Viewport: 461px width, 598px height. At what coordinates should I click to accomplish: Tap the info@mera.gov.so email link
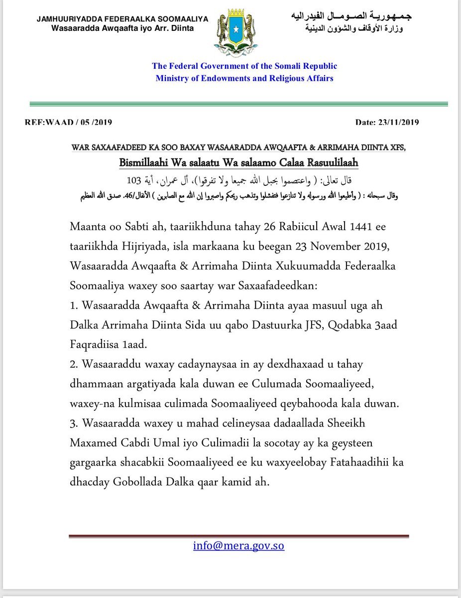[x=238, y=545]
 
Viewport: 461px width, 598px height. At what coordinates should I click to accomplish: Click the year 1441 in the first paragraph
[x=346, y=227]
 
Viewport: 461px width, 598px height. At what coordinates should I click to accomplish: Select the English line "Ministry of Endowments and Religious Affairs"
[x=244, y=78]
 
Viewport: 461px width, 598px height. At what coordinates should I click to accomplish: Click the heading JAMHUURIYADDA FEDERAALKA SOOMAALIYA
[x=122, y=19]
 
